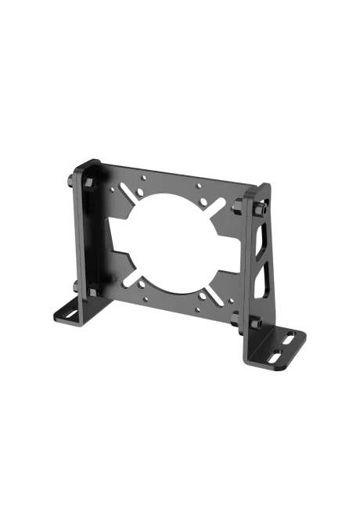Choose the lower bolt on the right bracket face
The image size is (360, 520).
(257, 321)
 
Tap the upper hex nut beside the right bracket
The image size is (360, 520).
(236, 206)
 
